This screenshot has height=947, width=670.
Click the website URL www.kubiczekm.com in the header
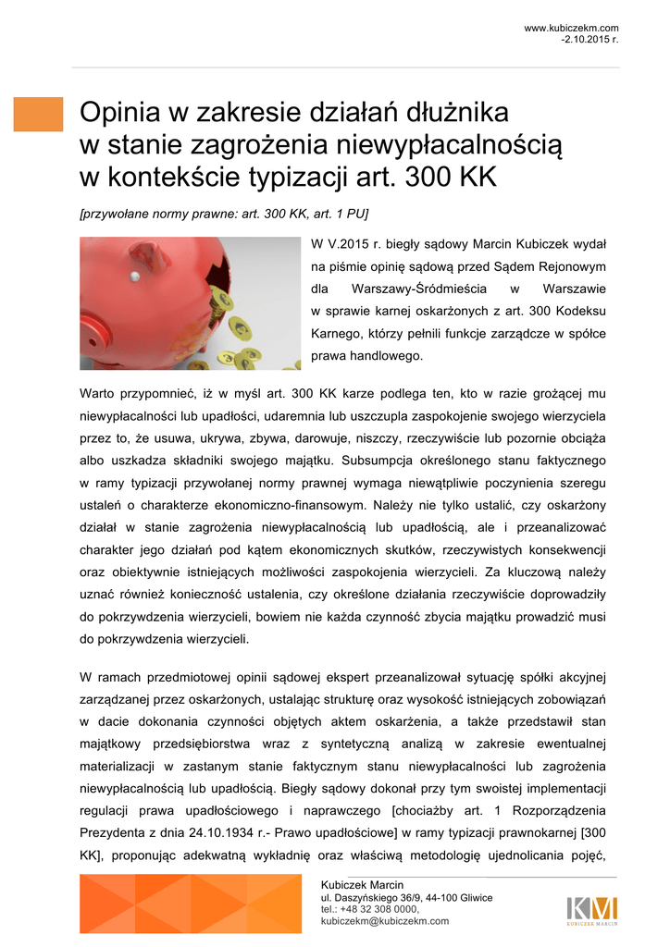571,29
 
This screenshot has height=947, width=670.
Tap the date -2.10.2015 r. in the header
589,40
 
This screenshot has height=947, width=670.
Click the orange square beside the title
38,114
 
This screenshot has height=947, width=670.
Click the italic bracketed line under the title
224,214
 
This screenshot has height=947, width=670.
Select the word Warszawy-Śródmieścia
413,289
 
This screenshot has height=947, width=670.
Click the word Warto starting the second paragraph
99,393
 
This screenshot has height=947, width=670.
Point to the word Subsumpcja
379,460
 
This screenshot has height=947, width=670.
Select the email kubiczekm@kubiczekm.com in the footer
384,921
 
